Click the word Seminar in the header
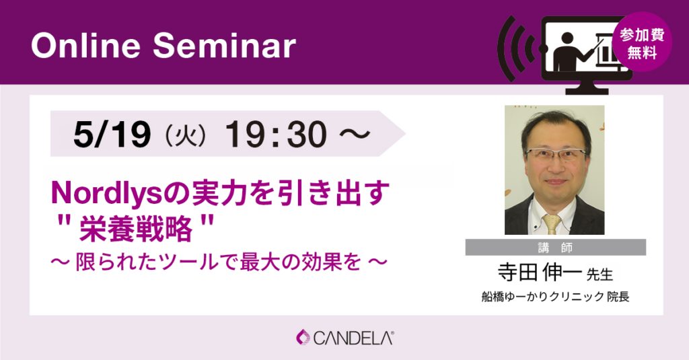click(x=224, y=46)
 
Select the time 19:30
click(x=276, y=134)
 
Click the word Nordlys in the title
click(x=107, y=193)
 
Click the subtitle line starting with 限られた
click(x=219, y=262)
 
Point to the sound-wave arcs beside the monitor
click(x=516, y=48)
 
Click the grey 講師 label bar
click(x=555, y=248)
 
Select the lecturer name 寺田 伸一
click(x=540, y=273)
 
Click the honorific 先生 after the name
click(x=600, y=275)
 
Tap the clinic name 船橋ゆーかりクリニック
click(x=543, y=297)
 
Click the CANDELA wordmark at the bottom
click(x=353, y=338)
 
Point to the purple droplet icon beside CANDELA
click(x=303, y=338)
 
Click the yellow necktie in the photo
click(x=552, y=223)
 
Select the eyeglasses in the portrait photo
click(x=555, y=154)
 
